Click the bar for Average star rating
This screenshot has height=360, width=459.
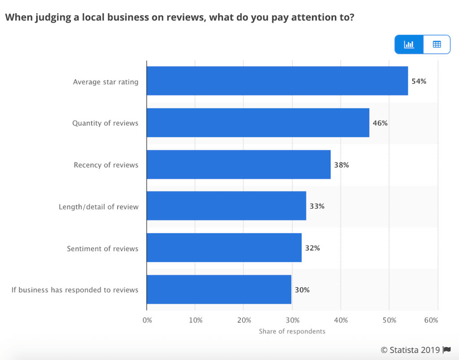(277, 81)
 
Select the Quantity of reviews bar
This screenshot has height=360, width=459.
(258, 123)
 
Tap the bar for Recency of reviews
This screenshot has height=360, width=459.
(238, 164)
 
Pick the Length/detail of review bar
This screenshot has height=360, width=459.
(226, 206)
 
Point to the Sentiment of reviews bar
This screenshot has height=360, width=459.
(224, 248)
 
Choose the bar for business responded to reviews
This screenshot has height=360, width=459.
(219, 289)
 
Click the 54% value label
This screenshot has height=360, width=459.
(419, 81)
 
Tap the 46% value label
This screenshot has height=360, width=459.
(380, 123)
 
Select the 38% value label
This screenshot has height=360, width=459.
(342, 165)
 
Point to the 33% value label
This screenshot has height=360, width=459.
(317, 206)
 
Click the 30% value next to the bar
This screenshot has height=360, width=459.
(302, 290)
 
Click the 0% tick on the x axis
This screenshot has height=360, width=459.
(147, 320)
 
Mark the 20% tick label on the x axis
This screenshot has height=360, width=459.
(244, 320)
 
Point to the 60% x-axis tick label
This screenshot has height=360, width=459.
(431, 320)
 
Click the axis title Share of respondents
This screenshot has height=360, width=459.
(292, 331)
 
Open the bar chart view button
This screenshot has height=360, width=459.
(409, 44)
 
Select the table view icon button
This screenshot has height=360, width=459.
(437, 44)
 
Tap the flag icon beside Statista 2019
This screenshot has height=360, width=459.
(447, 350)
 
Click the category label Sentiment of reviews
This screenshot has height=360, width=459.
(103, 249)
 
